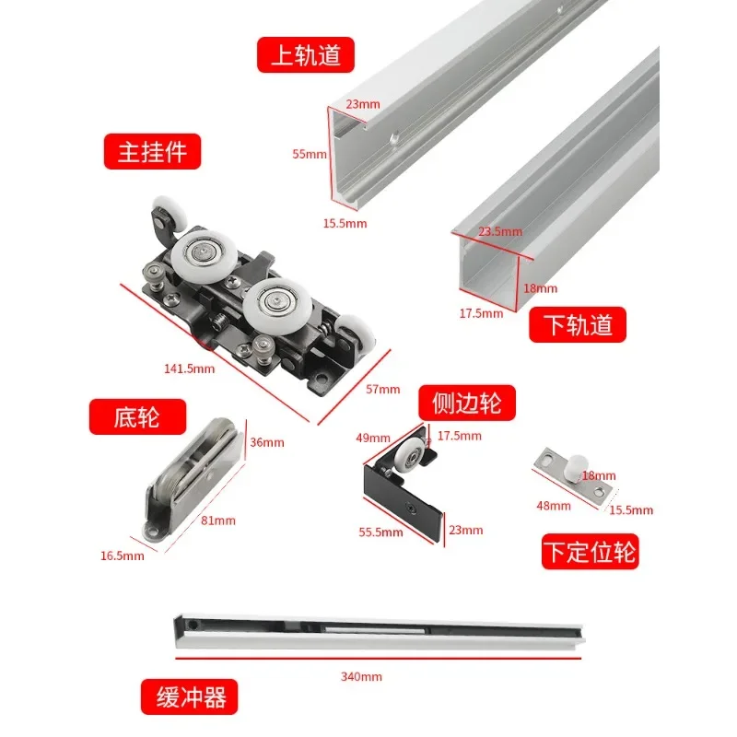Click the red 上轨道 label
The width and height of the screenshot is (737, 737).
(x=306, y=55)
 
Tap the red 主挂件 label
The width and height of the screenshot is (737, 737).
(x=152, y=151)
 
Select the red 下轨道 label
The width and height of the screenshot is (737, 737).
(x=578, y=325)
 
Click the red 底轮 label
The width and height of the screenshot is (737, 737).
(x=137, y=417)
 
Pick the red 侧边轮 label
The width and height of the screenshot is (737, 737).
(x=467, y=403)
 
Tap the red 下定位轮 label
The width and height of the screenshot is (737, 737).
(x=591, y=551)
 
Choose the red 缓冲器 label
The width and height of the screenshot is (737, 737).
(x=190, y=697)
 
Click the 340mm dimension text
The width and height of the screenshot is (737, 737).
(x=361, y=677)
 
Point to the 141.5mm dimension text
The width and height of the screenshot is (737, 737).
(x=190, y=368)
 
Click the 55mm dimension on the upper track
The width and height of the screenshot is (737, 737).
(x=310, y=154)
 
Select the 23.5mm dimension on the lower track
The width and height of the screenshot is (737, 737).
(x=500, y=231)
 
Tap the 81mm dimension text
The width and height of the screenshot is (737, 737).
(x=218, y=521)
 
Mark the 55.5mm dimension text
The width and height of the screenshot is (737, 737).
(x=381, y=532)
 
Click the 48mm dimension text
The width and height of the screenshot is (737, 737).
(x=554, y=506)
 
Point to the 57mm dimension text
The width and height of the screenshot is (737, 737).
(x=383, y=389)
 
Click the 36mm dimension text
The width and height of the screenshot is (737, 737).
(x=267, y=442)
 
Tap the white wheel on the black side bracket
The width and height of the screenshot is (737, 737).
(x=408, y=455)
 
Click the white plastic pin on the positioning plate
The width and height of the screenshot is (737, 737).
(x=578, y=467)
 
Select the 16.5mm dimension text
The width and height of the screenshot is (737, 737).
(x=123, y=556)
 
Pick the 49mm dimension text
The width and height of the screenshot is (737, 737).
(x=373, y=439)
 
